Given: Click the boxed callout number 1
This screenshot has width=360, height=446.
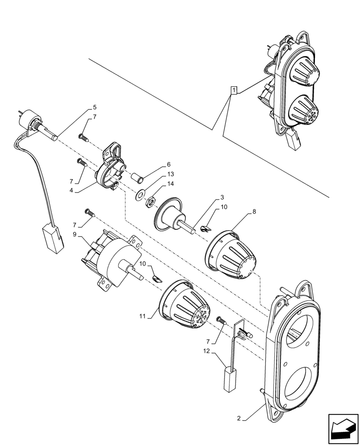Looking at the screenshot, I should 233,91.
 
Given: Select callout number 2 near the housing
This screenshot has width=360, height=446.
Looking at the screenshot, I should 239,419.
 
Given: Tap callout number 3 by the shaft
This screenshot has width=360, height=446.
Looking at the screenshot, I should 222,197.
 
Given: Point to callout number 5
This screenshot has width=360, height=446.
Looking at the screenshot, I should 94,107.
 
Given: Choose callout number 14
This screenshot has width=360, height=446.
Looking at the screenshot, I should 171,184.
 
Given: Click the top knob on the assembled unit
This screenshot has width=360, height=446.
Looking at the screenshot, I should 306,71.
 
